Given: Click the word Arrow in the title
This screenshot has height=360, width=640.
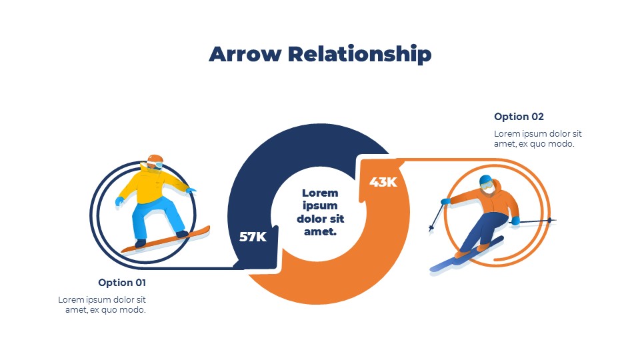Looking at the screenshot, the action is point(245,54).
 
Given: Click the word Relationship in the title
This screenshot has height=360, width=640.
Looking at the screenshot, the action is point(359,55).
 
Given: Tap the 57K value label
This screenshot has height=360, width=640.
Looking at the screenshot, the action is point(253,237).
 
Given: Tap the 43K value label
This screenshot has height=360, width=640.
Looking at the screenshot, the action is point(383,182).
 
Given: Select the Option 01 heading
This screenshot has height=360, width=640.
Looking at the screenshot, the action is point(122,283).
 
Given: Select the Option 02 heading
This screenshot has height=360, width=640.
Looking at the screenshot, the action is point(519,117).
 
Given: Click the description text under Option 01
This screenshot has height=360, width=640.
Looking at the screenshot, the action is point(102,305).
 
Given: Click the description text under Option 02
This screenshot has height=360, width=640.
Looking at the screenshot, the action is point(537,139).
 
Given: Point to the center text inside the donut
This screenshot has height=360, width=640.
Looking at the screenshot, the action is point(321,212).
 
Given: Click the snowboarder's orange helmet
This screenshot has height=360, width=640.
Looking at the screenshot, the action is point(155,159).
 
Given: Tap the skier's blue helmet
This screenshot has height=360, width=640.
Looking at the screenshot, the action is point(486,180).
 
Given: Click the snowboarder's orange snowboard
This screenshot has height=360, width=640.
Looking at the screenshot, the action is point(166,239).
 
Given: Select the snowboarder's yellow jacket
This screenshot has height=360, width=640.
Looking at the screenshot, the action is point(151,185).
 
